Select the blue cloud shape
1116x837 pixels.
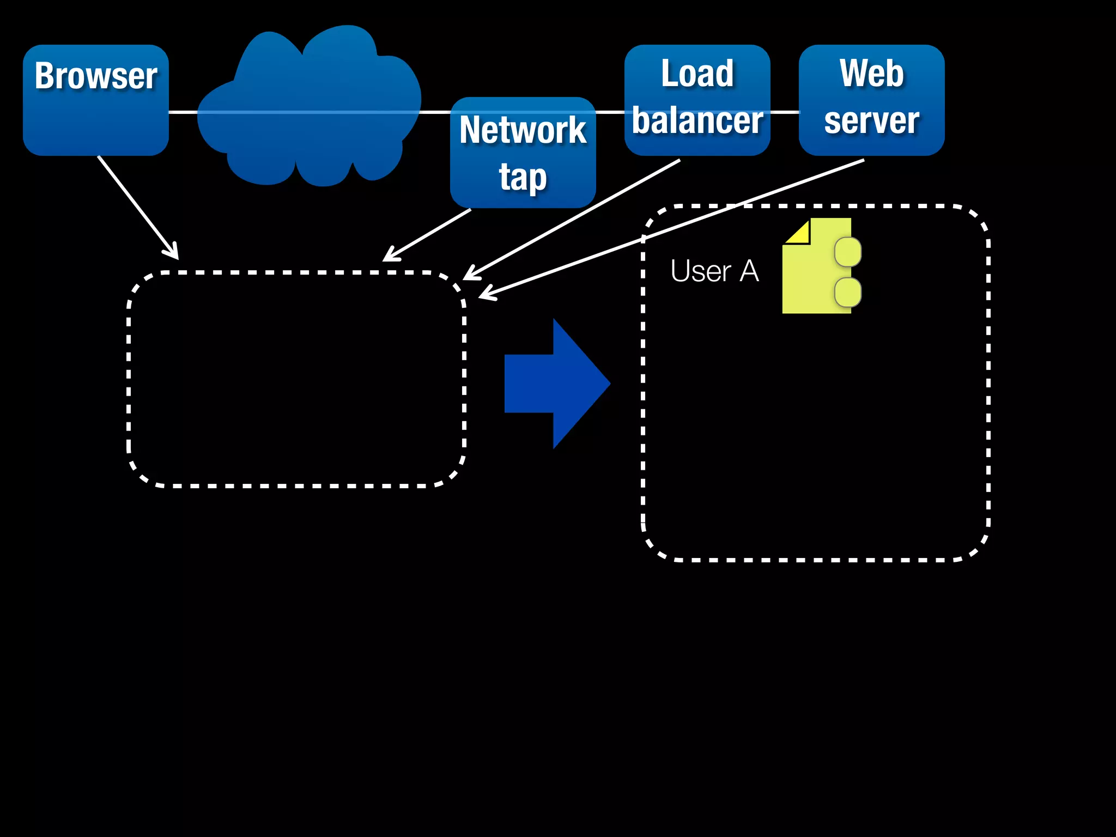305,109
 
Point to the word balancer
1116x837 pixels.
697,120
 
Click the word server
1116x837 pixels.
871,120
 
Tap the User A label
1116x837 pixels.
714,271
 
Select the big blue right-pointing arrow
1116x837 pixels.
556,384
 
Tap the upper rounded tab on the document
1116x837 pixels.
848,252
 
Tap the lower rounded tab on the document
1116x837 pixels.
848,292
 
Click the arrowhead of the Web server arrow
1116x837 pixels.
484,295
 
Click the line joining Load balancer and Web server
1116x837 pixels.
785,112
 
